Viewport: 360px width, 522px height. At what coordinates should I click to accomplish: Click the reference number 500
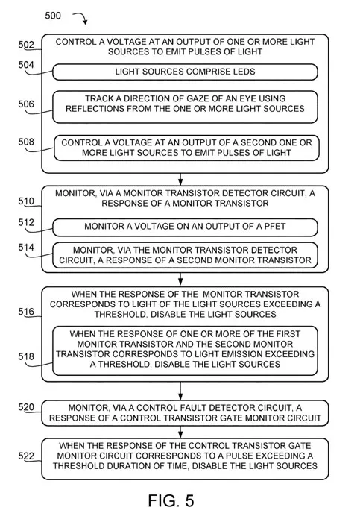pyautogui.click(x=53, y=16)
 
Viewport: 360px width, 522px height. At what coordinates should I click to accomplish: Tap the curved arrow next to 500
pyautogui.click(x=82, y=16)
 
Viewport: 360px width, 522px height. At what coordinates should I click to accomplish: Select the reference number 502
pyautogui.click(x=26, y=45)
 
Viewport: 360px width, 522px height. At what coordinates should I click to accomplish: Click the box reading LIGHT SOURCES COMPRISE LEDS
pyautogui.click(x=185, y=72)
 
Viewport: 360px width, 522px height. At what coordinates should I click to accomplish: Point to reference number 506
pyautogui.click(x=26, y=104)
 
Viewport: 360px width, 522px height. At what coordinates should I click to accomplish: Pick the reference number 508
pyautogui.click(x=26, y=142)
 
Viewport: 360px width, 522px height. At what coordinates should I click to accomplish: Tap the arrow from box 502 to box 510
pyautogui.click(x=180, y=179)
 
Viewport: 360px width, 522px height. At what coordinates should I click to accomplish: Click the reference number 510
pyautogui.click(x=26, y=201)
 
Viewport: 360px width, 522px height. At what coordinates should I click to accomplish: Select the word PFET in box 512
pyautogui.click(x=275, y=227)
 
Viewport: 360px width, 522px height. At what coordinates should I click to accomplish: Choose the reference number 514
pyautogui.click(x=26, y=248)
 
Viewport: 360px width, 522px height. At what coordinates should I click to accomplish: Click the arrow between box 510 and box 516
pyautogui.click(x=180, y=280)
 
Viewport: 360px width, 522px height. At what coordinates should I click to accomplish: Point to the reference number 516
pyautogui.click(x=26, y=312)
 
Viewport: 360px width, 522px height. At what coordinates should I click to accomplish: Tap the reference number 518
pyautogui.click(x=26, y=356)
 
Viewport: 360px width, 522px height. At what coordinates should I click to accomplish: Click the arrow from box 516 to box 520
pyautogui.click(x=180, y=391)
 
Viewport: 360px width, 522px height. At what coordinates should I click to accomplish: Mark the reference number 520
pyautogui.click(x=26, y=407)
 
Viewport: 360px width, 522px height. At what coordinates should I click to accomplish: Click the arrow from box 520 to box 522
pyautogui.click(x=180, y=432)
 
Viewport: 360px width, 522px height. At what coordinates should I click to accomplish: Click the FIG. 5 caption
pyautogui.click(x=171, y=500)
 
